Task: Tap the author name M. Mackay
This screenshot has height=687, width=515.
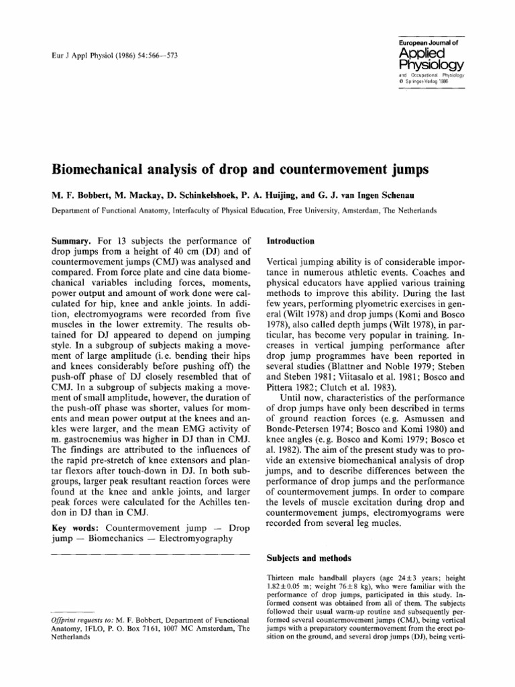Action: [139, 194]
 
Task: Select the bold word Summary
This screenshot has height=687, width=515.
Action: [73, 240]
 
